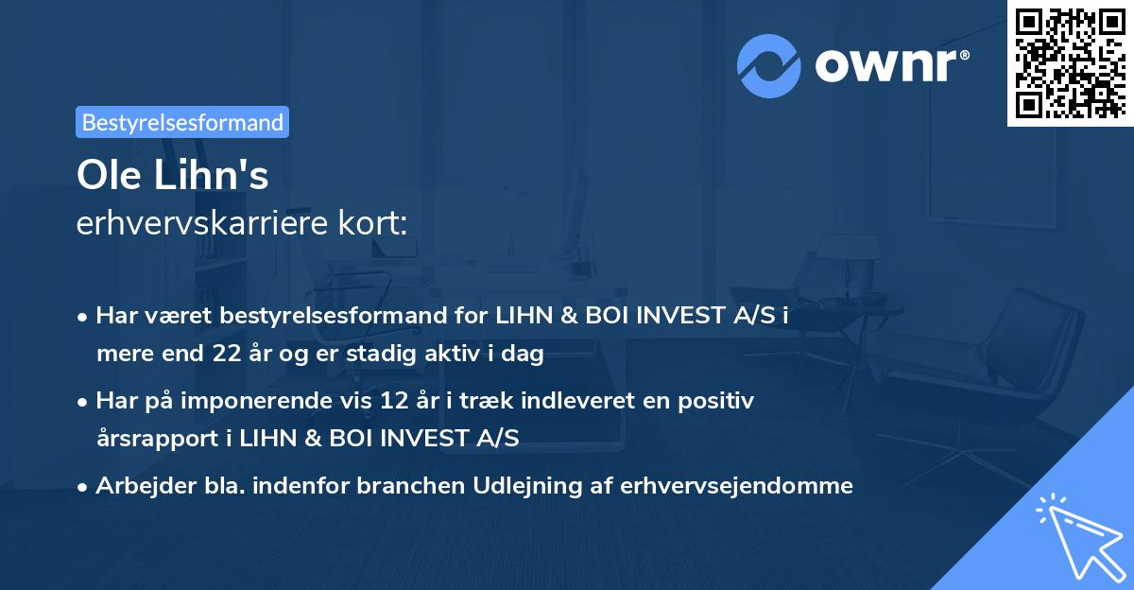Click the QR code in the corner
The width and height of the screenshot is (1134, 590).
click(1069, 62)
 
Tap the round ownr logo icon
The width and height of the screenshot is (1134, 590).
click(768, 65)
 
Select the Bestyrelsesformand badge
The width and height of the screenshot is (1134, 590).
click(182, 122)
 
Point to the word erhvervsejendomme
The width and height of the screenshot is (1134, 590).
click(737, 486)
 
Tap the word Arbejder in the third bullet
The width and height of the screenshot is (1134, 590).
click(136, 486)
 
